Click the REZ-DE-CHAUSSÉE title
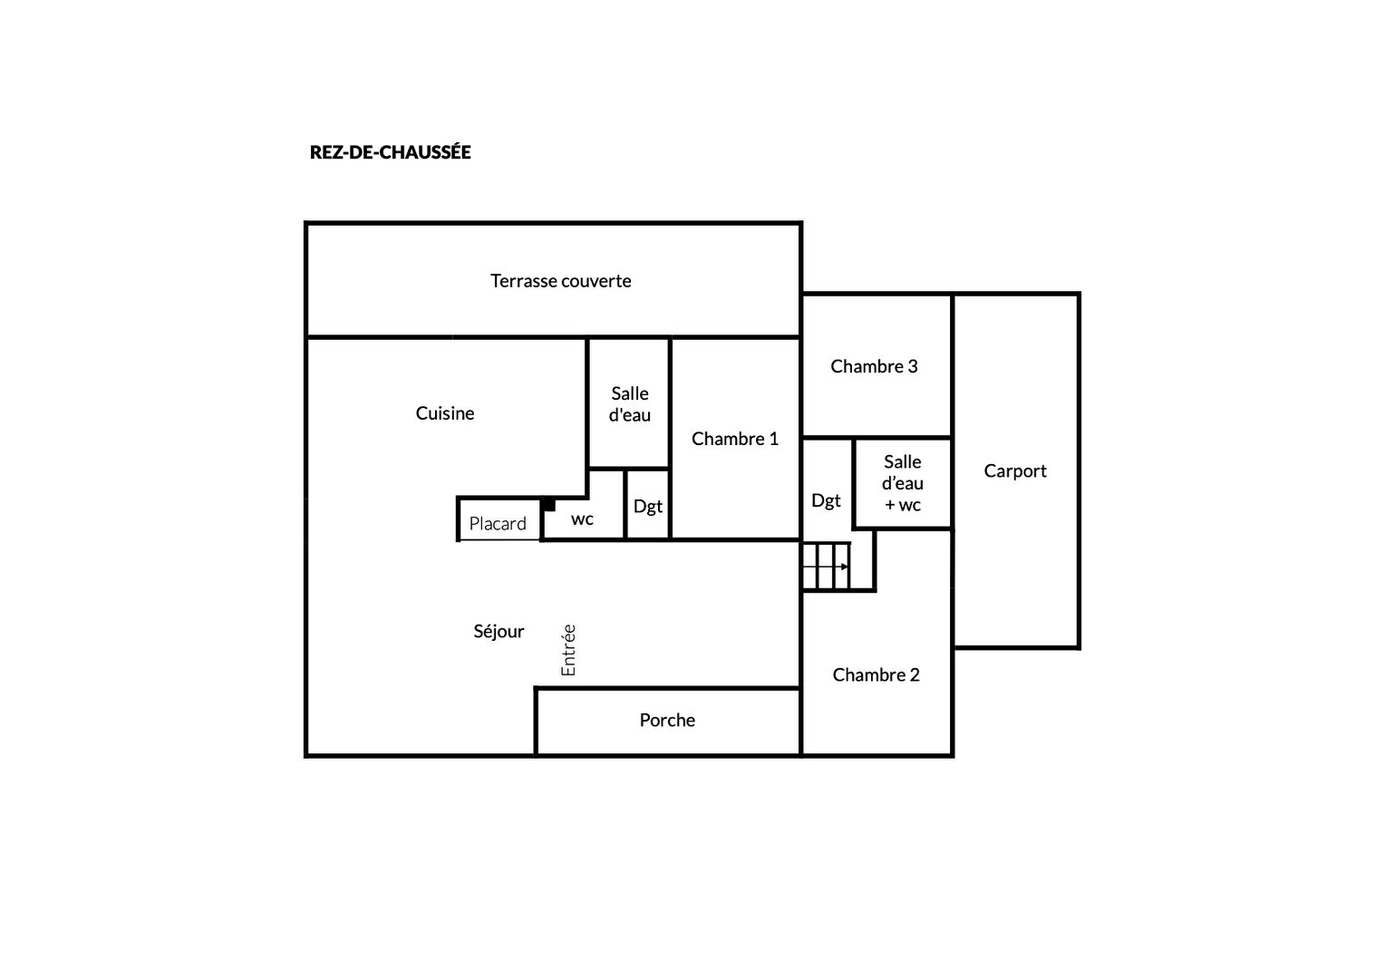[390, 151]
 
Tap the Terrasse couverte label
[561, 281]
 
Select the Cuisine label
[444, 413]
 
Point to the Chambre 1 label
[734, 439]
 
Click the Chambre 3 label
[874, 366]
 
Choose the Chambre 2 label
[877, 674]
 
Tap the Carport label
[1015, 471]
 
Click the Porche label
[667, 720]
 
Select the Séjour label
[499, 632]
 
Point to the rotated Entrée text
[568, 650]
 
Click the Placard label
[498, 524]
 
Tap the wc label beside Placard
[583, 519]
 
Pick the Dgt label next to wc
[648, 507]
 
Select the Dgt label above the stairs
[826, 500]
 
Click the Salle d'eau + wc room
[902, 483]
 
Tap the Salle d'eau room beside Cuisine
[629, 403]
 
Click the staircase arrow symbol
[826, 567]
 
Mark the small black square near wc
[549, 505]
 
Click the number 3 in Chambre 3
[913, 366]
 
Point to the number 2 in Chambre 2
[915, 674]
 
